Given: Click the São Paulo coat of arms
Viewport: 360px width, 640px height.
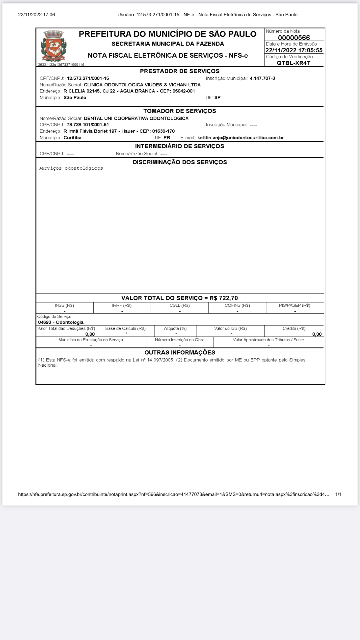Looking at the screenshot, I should (x=54, y=46).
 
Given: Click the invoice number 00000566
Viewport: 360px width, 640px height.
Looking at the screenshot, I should (x=294, y=38).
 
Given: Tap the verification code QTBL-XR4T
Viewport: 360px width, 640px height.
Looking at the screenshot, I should (x=294, y=63).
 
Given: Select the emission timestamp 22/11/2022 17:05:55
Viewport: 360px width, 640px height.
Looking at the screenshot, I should (x=294, y=50).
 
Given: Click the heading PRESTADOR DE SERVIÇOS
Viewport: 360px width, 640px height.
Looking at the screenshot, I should (x=180, y=71).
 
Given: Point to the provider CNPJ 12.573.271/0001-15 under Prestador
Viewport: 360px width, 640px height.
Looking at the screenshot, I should (x=88, y=78).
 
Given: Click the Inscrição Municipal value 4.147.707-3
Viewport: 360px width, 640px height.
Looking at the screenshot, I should (x=262, y=78).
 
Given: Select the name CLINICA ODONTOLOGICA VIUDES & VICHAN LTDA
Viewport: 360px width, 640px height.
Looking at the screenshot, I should (x=142, y=85).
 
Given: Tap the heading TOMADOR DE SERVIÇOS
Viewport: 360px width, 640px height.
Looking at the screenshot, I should (x=180, y=111).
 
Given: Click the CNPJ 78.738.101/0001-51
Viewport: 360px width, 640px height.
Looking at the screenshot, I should (x=88, y=125).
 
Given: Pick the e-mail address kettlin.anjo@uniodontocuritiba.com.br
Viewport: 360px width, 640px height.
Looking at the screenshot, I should (x=241, y=138).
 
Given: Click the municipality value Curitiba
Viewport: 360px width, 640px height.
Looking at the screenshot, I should (x=72, y=138).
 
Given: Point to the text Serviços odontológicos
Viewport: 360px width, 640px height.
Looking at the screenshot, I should (x=71, y=168).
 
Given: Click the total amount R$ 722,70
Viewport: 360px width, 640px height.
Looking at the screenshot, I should (x=224, y=298).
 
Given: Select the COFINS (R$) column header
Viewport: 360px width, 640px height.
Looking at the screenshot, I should (x=237, y=305).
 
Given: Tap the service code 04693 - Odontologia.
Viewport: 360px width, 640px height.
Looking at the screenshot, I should (x=61, y=322).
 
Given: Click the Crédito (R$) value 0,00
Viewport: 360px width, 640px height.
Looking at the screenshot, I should (x=317, y=334).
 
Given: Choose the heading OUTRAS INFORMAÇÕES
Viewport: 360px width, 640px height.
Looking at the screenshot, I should (x=180, y=352).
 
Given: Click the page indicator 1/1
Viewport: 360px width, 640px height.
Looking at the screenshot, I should (x=338, y=494).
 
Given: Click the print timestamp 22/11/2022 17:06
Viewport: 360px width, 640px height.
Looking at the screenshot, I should (x=37, y=14).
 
